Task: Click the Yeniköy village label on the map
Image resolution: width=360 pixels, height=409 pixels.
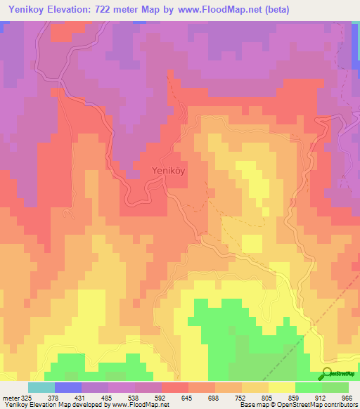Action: pyautogui.click(x=169, y=169)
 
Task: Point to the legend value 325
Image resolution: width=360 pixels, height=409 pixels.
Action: pyautogui.click(x=25, y=398)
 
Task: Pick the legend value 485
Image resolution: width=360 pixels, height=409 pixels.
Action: pyautogui.click(x=108, y=398)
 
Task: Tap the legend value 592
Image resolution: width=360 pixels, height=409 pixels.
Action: pyautogui.click(x=162, y=398)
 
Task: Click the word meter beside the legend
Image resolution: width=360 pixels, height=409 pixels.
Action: pyautogui.click(x=9, y=398)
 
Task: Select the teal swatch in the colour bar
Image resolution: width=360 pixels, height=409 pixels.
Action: pyautogui.click(x=41, y=387)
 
